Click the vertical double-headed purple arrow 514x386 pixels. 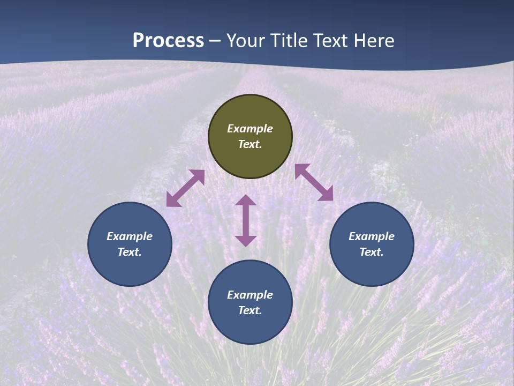click(246, 220)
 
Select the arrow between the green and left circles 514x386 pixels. click(185, 188)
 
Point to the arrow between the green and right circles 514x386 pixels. click(314, 182)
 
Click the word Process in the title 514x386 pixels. click(168, 40)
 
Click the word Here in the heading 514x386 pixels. click(374, 40)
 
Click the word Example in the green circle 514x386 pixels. click(250, 129)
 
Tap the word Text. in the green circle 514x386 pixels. click(250, 144)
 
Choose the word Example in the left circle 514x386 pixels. click(130, 236)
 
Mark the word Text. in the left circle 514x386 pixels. click(130, 252)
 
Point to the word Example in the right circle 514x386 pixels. click(372, 236)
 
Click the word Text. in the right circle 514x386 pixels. click(372, 252)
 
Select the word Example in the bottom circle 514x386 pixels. click(250, 295)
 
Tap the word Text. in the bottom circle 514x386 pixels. click(250, 310)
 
